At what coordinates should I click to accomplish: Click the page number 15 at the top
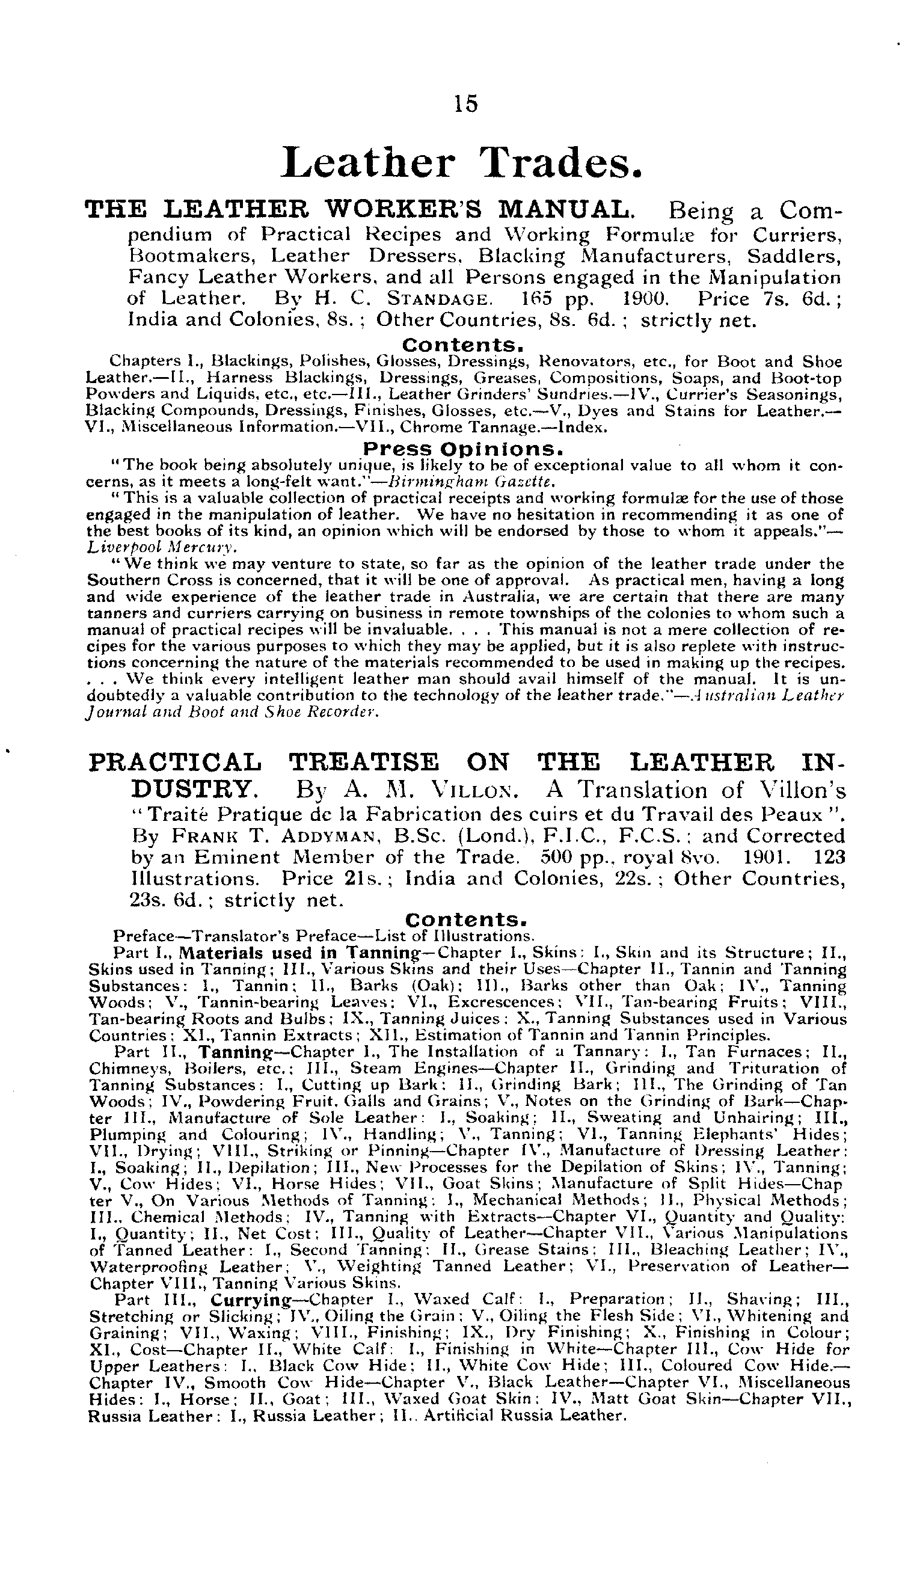click(x=466, y=103)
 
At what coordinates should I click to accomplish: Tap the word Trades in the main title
click(x=561, y=162)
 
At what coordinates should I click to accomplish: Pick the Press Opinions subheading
click(x=463, y=448)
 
